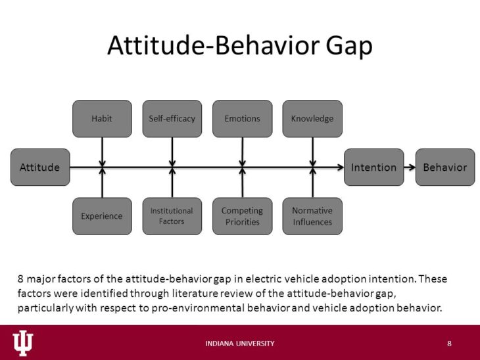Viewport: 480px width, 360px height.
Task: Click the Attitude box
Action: tap(40, 167)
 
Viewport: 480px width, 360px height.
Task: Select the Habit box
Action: tap(102, 119)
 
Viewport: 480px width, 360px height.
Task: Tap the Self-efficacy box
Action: tap(172, 119)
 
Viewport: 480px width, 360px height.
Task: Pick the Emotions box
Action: tap(242, 119)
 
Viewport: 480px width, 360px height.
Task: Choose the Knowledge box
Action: tap(312, 119)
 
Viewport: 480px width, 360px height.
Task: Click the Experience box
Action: tap(102, 216)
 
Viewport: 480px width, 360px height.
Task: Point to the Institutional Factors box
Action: tap(172, 216)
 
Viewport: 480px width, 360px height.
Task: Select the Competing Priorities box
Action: tap(242, 216)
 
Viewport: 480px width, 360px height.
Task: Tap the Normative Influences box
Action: tap(312, 216)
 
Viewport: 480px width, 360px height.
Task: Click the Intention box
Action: tap(373, 167)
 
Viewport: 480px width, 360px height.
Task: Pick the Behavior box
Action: tap(444, 167)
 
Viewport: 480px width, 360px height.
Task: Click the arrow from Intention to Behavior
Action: tap(410, 167)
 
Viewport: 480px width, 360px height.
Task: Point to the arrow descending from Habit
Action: tap(102, 150)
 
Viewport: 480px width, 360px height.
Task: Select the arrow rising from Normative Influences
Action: tap(312, 183)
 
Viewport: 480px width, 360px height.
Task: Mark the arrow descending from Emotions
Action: tap(242, 150)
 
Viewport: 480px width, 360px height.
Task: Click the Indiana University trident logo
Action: tap(22, 342)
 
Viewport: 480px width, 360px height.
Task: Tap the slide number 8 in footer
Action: tap(449, 344)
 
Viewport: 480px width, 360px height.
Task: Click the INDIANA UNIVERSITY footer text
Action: tap(240, 344)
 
